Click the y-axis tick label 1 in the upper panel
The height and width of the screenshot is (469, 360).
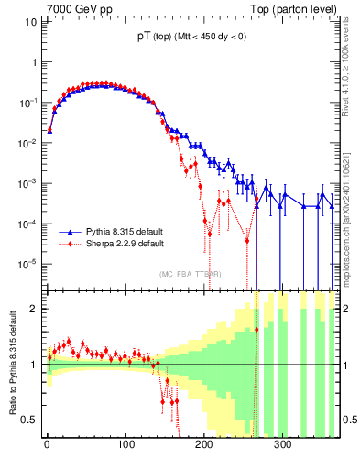pos(34,62)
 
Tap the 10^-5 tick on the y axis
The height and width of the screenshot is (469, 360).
pos(28,265)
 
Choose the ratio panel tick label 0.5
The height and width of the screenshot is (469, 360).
pos(29,420)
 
